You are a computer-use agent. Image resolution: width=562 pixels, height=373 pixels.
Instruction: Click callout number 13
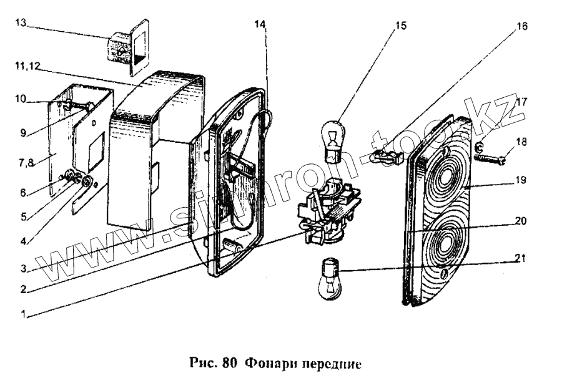(21, 23)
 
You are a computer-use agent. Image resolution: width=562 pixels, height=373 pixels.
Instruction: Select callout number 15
(400, 26)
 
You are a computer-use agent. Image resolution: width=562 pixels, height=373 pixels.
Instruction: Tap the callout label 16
(521, 26)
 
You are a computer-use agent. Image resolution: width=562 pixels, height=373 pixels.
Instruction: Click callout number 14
(260, 24)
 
